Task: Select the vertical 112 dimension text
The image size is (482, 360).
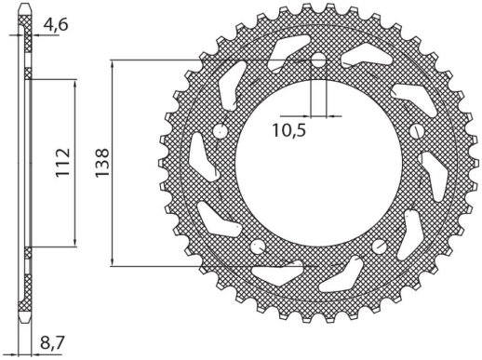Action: pos(61,165)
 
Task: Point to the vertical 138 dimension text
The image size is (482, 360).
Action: pos(101,165)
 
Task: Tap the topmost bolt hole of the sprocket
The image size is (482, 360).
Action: pos(318,62)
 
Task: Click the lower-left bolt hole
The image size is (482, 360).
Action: pos(258,247)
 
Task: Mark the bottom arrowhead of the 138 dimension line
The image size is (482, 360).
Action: pos(113,264)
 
